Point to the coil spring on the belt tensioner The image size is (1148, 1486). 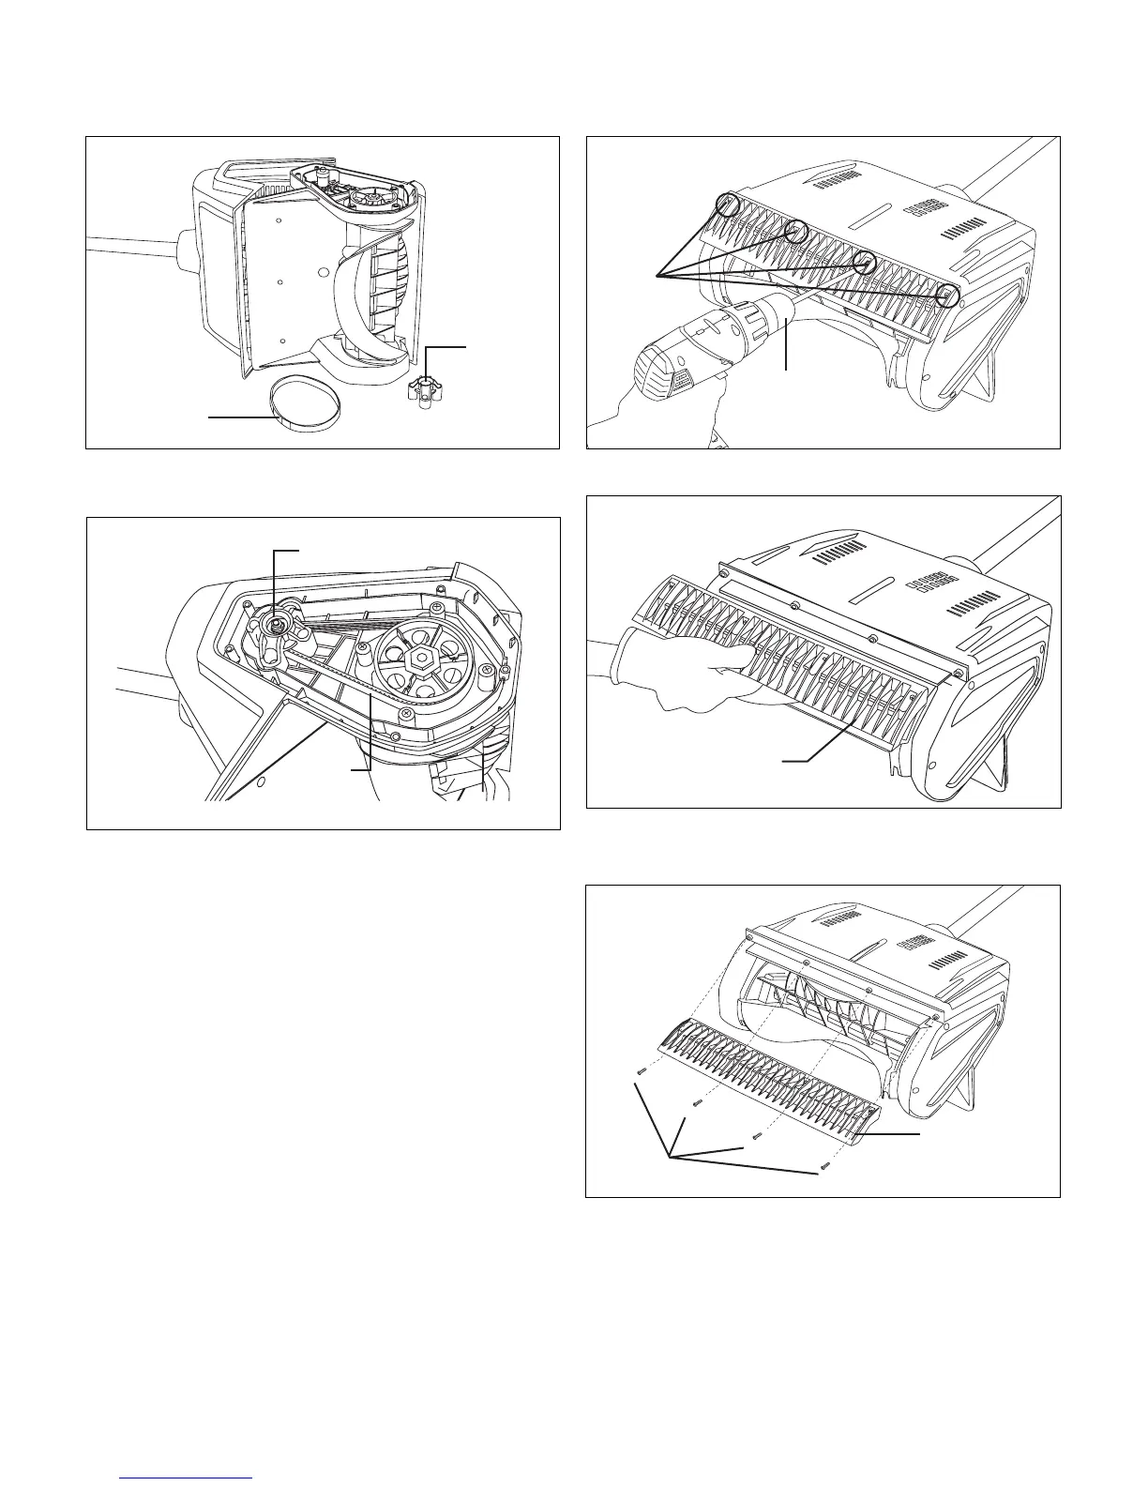(279, 624)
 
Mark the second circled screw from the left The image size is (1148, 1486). (796, 231)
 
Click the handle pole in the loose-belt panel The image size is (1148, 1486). (131, 249)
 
